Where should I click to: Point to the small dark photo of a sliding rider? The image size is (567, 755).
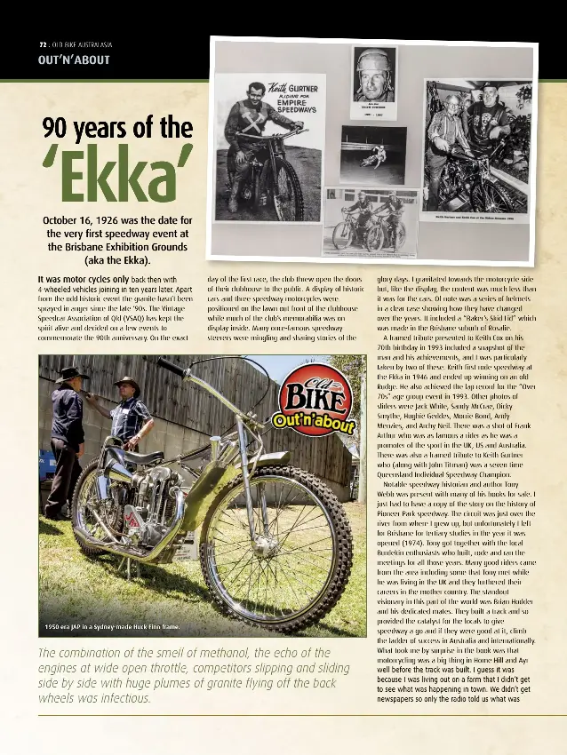pyautogui.click(x=372, y=155)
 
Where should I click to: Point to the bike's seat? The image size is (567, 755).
pyautogui.click(x=129, y=456)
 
